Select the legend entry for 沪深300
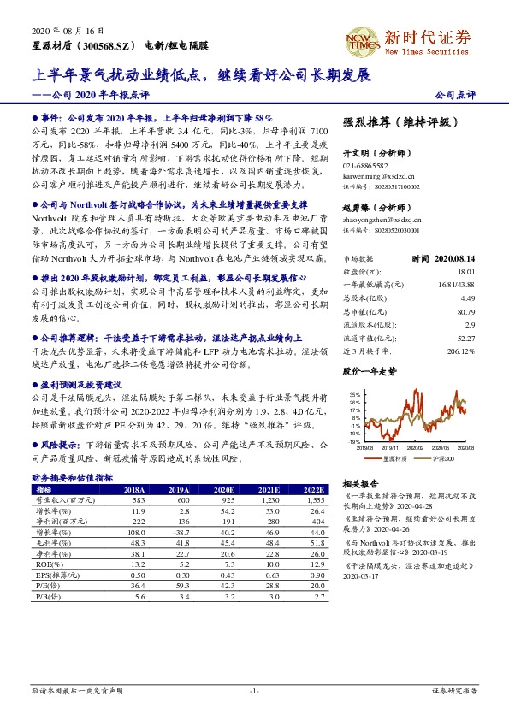(440, 459)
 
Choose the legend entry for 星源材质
(392, 459)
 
